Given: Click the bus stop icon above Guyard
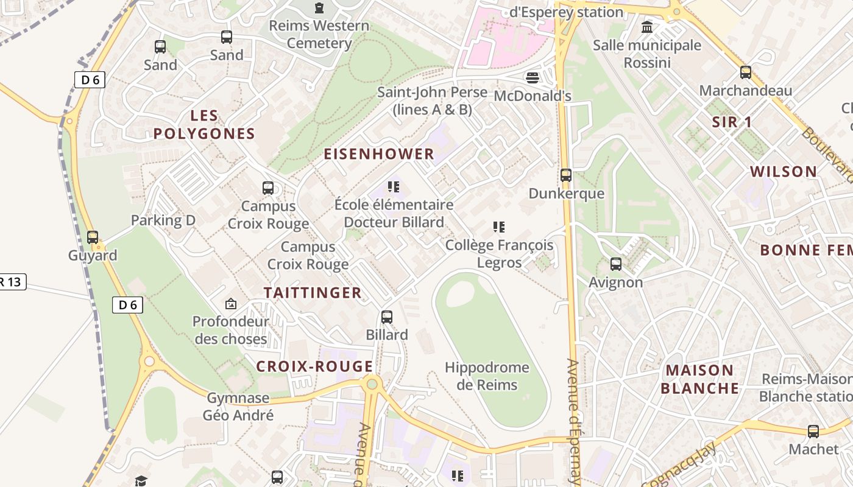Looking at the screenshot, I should (x=93, y=237).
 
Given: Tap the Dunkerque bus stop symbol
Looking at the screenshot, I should (x=566, y=175).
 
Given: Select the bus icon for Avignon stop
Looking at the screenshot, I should (x=616, y=264).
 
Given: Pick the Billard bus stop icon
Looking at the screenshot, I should (x=387, y=317).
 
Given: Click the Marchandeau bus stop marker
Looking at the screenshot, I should (x=746, y=72).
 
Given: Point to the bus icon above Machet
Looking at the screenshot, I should (x=813, y=431).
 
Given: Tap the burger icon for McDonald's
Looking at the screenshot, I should (x=533, y=78).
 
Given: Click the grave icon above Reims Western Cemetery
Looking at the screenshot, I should (x=319, y=8).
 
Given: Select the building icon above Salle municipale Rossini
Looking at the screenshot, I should (x=647, y=27).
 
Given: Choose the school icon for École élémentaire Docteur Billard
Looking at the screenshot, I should (x=394, y=187).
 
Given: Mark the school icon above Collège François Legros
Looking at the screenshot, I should (x=499, y=227).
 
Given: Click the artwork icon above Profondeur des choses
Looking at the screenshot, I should (x=231, y=303).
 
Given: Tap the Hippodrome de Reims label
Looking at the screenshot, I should (x=487, y=376).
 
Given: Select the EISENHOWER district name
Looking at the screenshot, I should (x=379, y=154).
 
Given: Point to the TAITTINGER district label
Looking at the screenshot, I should (x=313, y=293).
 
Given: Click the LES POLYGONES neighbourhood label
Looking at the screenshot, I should (x=204, y=124).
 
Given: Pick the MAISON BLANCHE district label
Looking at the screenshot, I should (x=699, y=379).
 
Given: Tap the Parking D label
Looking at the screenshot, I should (x=163, y=220).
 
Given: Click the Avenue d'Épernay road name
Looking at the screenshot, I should (x=575, y=420).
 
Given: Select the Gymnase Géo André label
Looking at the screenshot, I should (x=238, y=407).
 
